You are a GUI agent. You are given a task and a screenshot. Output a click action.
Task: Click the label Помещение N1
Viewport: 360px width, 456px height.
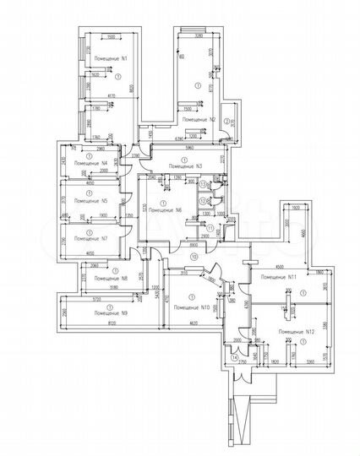pyautogui.click(x=112, y=59)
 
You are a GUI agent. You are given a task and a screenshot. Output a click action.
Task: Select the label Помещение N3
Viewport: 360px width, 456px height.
pyautogui.click(x=185, y=166)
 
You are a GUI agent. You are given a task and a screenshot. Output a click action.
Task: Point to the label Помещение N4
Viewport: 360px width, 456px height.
pyautogui.click(x=90, y=161)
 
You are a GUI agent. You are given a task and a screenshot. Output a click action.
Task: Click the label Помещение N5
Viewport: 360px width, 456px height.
pyautogui.click(x=90, y=201)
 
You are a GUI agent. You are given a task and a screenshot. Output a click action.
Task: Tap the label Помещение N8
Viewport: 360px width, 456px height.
pyautogui.click(x=110, y=278)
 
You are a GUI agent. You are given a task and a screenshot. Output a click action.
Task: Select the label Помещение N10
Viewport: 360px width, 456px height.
pyautogui.click(x=190, y=308)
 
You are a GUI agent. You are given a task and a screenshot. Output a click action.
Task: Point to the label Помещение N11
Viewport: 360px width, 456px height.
pyautogui.click(x=278, y=277)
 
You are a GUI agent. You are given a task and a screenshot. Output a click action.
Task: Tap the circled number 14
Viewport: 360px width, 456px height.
pyautogui.click(x=234, y=358)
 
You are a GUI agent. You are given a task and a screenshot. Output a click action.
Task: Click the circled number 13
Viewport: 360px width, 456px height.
pyautogui.click(x=204, y=183)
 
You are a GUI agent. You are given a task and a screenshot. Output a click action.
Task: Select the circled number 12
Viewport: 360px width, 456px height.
pyautogui.click(x=204, y=200)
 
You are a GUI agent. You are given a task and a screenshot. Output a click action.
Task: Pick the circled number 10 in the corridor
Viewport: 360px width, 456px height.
pyautogui.click(x=193, y=255)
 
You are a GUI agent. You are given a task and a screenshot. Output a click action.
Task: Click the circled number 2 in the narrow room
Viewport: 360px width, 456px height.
pyautogui.click(x=226, y=122)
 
